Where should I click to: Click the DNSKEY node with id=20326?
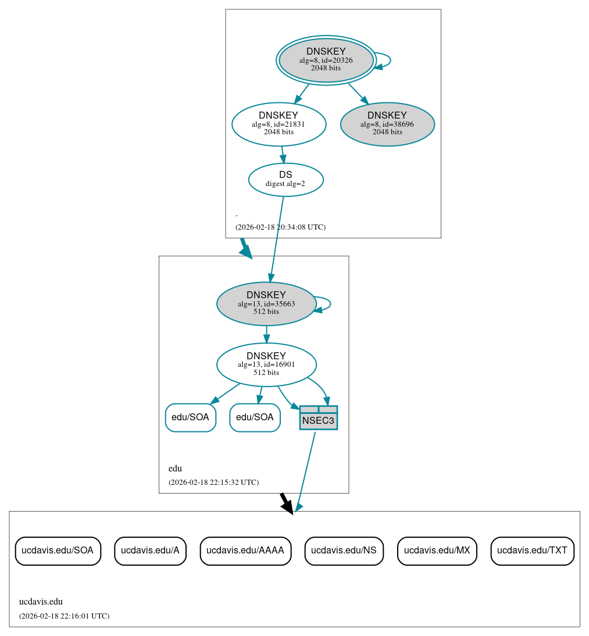coord(326,60)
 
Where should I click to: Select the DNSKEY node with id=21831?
coord(279,124)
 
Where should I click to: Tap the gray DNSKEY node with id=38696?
coord(387,124)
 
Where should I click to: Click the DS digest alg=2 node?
coord(285,180)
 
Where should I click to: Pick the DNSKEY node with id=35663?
coord(266,303)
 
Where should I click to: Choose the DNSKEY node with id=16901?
coord(266,365)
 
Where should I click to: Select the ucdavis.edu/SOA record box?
coord(58,551)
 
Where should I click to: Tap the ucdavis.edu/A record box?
coord(150,551)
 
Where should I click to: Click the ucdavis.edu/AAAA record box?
coord(245,551)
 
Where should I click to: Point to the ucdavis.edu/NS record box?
coord(344,551)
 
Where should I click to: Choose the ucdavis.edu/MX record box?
coord(437,551)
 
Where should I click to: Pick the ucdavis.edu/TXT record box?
coord(532,551)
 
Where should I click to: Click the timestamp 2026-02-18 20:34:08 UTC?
coord(280,227)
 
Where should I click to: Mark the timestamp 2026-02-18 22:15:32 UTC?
coord(213,483)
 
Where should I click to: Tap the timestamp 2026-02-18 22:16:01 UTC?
coord(64,616)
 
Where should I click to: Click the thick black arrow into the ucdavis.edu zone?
coord(286,503)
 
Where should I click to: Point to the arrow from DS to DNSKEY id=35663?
coord(277,238)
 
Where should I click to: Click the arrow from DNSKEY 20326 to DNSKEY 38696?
coord(358,93)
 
